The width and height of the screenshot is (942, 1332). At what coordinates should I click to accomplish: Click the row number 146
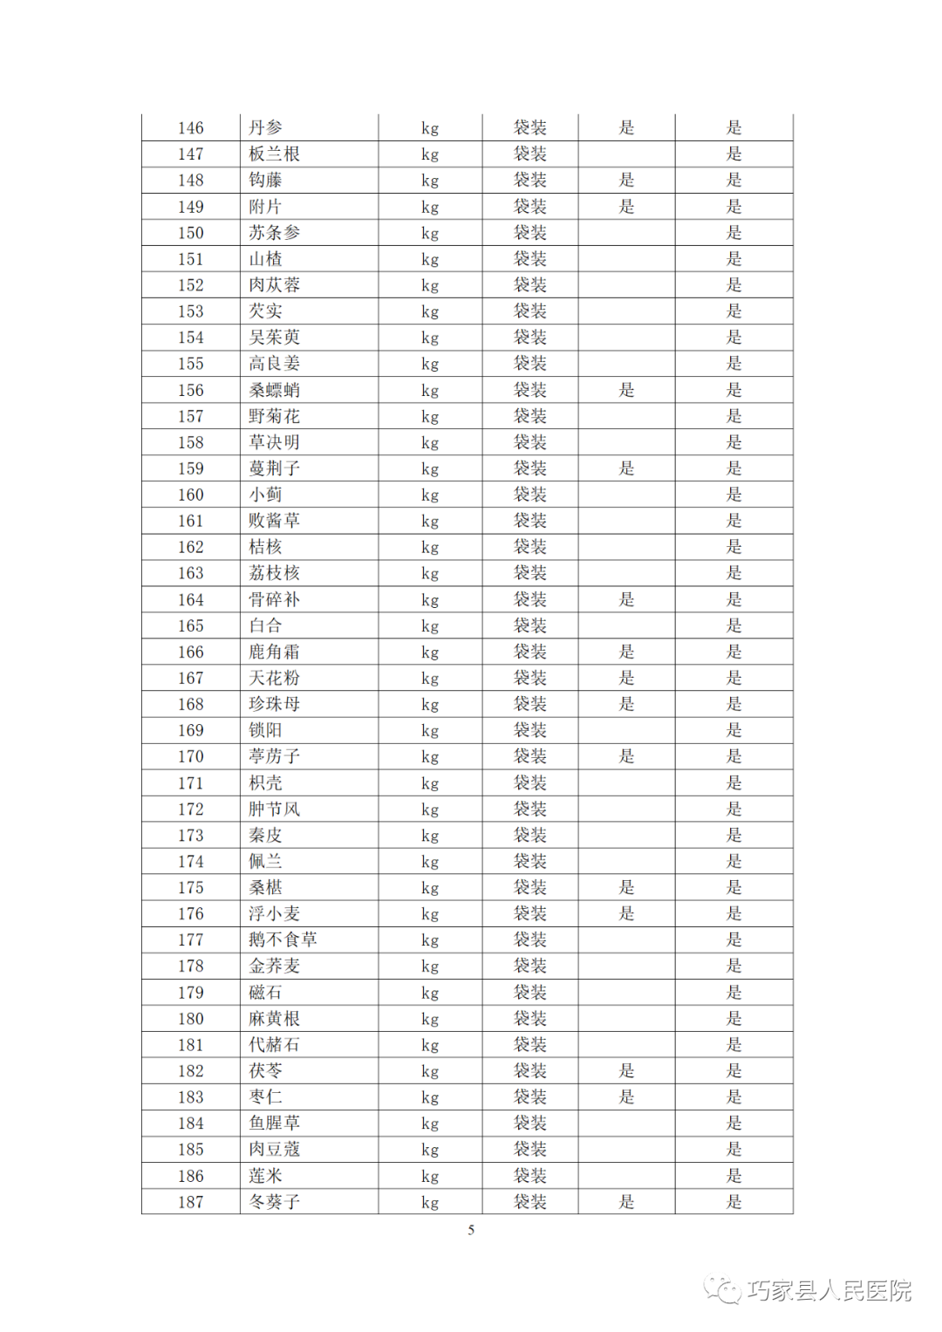190,128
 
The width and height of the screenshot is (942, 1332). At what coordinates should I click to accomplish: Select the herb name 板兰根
274,154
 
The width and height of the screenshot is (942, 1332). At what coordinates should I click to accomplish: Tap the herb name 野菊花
274,416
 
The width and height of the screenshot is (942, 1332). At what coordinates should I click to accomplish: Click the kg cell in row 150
429,233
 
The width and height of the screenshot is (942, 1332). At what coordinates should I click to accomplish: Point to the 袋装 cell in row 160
529,495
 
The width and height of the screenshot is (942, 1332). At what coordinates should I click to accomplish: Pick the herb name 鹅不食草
283,939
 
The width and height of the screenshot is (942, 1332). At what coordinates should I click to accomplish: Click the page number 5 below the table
471,1230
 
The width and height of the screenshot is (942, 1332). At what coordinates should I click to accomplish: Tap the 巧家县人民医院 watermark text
829,1290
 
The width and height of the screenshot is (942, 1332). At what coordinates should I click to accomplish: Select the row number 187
190,1202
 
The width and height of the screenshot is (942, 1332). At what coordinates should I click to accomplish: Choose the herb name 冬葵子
274,1202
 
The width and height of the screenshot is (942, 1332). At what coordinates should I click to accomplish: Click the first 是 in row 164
626,599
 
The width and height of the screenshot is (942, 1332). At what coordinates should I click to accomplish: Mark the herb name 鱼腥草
274,1124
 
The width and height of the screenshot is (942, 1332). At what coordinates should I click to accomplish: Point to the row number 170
190,756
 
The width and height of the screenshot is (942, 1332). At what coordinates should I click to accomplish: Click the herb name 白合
265,625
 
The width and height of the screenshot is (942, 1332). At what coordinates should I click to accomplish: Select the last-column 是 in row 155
734,364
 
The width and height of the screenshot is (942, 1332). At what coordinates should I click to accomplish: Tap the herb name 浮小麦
274,913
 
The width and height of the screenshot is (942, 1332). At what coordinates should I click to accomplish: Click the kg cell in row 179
429,993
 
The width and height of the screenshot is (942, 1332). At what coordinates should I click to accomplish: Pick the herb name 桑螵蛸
274,390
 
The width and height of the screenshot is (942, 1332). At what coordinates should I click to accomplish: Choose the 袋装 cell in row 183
529,1097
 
